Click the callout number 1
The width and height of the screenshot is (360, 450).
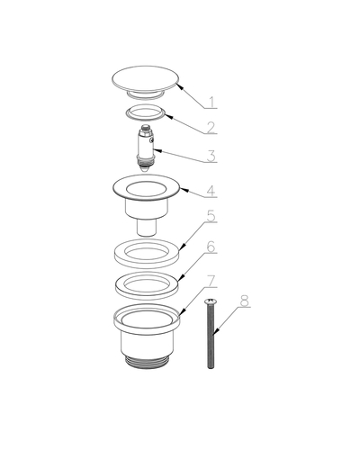coord(212,102)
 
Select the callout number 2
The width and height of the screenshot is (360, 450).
coord(211,128)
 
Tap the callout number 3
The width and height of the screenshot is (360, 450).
coord(211,156)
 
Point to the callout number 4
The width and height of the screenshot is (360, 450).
coord(211,191)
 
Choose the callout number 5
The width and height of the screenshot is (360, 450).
coord(211,216)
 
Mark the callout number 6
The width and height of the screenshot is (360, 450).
coord(211,247)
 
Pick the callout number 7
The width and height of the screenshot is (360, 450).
coord(211,281)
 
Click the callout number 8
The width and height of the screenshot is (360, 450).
coord(245,301)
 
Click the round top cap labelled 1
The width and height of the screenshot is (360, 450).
coord(146,78)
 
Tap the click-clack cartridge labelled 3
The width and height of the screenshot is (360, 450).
coord(147,148)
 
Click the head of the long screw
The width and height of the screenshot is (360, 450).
coord(209,301)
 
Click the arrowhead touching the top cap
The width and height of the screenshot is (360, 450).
coord(180,86)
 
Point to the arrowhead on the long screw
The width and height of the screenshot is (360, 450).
coord(215,331)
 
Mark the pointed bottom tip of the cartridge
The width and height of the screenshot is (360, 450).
coord(145,169)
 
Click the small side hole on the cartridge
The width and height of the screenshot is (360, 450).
coord(152,139)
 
